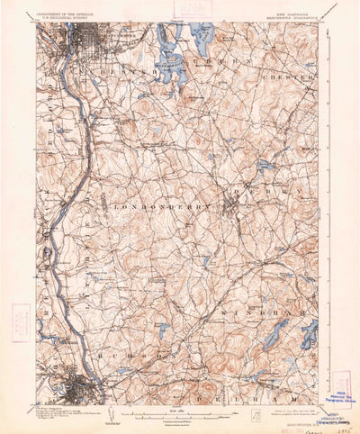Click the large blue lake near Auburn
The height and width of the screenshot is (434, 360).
point(172,66)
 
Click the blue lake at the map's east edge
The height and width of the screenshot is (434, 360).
point(310,336)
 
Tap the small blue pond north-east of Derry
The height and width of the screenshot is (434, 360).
point(264,166)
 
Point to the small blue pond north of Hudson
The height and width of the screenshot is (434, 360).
point(163,331)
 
